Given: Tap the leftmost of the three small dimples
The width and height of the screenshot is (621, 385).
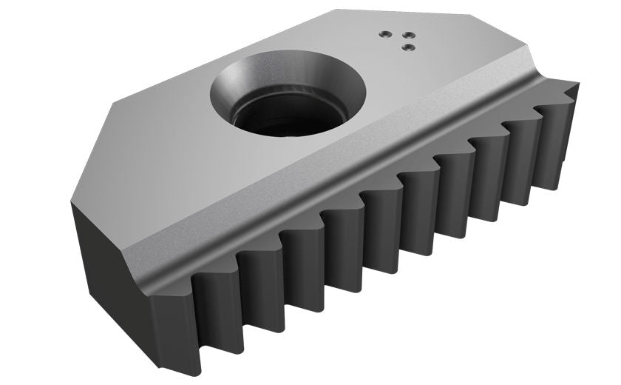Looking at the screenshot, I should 383,34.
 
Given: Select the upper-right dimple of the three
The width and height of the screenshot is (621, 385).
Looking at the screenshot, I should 406,33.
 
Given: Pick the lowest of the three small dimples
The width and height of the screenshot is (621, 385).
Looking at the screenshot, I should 405,47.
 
